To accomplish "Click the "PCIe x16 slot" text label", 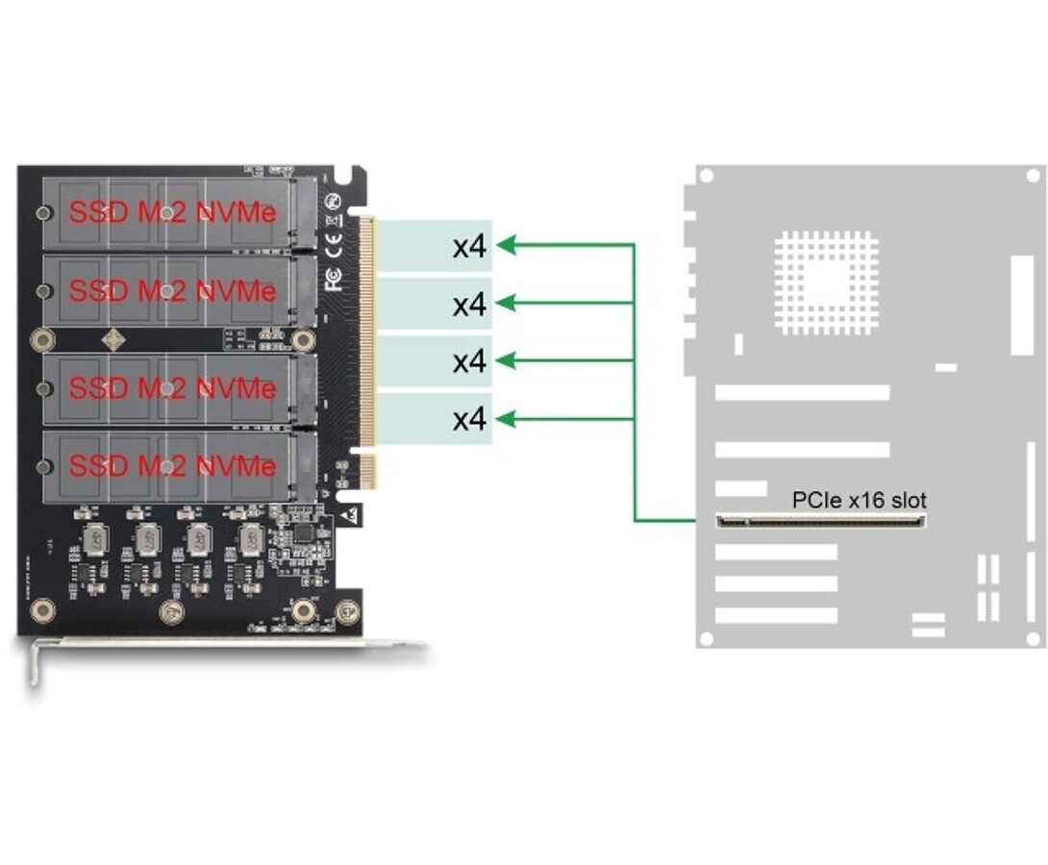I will [859, 500].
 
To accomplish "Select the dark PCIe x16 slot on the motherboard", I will [821, 522].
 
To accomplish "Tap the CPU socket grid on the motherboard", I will [826, 283].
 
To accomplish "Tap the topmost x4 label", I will [470, 247].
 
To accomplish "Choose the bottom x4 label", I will [470, 419].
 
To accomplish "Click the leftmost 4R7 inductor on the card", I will [95, 540].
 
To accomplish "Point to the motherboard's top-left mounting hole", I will [706, 176].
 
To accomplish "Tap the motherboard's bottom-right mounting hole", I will [1032, 638].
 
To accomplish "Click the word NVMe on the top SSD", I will [237, 212].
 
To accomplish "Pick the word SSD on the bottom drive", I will [98, 466].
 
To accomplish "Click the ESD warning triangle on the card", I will [351, 516].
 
